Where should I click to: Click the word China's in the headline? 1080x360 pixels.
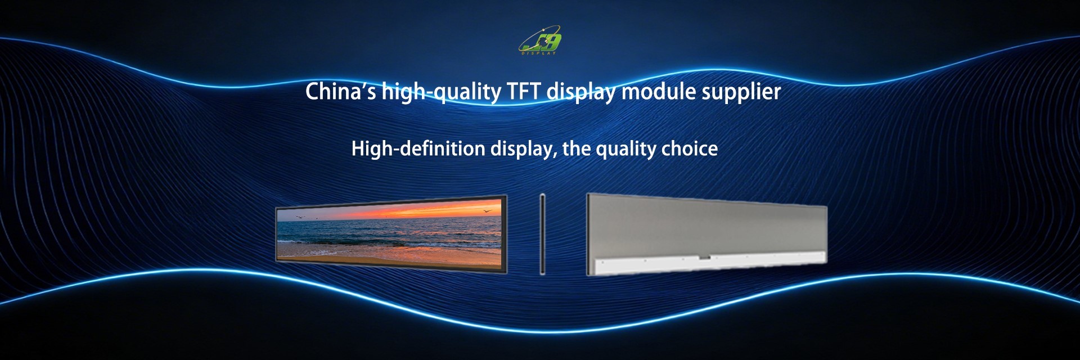(x=340, y=92)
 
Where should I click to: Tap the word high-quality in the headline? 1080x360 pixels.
(x=441, y=92)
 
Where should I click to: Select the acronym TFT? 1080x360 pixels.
(x=524, y=92)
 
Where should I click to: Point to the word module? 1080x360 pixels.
(x=658, y=92)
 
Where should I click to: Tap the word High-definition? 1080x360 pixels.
(x=418, y=148)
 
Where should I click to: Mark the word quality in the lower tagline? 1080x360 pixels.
(x=625, y=149)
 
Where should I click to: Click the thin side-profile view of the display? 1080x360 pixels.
(x=542, y=234)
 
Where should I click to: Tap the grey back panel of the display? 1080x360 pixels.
(x=703, y=228)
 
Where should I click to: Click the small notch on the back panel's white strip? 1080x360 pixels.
(x=705, y=258)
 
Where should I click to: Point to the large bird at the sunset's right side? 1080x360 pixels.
(x=487, y=211)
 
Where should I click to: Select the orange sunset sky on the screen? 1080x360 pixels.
(x=427, y=211)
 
